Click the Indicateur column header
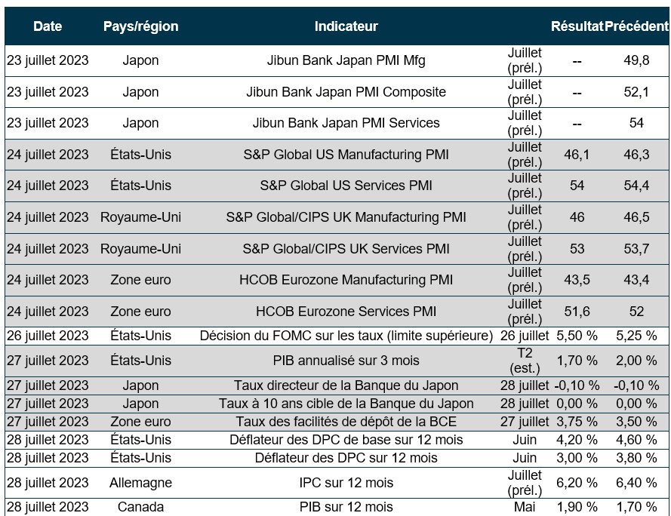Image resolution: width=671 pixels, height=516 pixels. (346, 26)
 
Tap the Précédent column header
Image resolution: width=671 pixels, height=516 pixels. (636, 26)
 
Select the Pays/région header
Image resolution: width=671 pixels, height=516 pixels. (141, 26)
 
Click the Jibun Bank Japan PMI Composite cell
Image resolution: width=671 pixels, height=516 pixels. (346, 92)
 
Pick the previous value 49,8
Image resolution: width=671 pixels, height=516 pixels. (636, 60)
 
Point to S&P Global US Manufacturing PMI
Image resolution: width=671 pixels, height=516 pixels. (346, 155)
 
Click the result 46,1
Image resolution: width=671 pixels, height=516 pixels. (577, 155)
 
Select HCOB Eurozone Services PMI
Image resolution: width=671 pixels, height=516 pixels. (346, 312)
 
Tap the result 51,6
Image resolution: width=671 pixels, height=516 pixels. (577, 312)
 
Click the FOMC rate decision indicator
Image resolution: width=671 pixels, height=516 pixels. (346, 336)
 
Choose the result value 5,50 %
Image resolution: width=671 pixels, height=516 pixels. (577, 336)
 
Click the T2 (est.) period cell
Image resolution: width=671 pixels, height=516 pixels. (525, 361)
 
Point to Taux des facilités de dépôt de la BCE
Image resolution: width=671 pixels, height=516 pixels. (346, 422)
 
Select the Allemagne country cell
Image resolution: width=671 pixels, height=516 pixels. (141, 483)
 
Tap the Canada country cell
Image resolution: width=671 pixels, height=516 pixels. (141, 507)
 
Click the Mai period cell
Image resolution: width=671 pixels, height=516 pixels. (525, 507)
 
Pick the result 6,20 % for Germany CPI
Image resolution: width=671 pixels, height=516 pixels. (577, 483)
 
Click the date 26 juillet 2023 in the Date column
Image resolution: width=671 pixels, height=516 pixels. (48, 336)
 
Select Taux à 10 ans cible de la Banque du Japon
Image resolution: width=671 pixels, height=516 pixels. (346, 404)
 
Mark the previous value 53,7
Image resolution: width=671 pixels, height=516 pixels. (636, 249)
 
